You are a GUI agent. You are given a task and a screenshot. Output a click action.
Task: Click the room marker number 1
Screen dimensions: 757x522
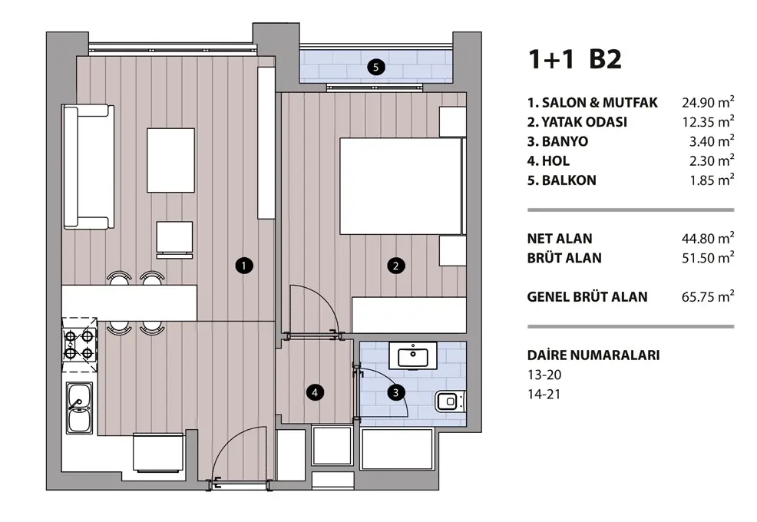tap(244, 265)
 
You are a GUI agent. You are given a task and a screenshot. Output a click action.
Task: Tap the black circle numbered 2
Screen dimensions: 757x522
tap(396, 265)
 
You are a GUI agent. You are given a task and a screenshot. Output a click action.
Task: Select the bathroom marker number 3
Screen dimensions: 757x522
tap(396, 392)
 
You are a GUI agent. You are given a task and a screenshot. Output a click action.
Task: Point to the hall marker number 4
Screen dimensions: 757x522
tap(315, 392)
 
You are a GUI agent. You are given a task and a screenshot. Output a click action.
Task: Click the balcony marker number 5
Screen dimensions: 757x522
tap(375, 67)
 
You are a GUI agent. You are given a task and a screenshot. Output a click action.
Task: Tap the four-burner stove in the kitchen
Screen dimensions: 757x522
tap(79, 345)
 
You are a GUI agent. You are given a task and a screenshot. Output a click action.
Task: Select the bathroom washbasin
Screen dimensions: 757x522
tap(413, 357)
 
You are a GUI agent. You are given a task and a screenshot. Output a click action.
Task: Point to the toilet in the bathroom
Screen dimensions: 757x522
tap(451, 401)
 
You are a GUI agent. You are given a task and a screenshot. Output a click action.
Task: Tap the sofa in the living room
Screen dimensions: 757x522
tap(88, 167)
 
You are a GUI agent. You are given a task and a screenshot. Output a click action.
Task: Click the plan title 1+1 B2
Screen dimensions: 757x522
tap(575, 59)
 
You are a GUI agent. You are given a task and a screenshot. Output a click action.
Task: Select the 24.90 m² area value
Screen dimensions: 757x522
tap(708, 102)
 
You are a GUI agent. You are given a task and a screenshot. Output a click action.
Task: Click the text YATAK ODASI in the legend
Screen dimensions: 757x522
tap(583, 122)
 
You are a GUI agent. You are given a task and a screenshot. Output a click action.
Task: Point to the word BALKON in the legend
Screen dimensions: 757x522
tap(569, 180)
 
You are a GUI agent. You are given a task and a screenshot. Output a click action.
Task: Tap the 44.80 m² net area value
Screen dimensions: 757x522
tap(708, 238)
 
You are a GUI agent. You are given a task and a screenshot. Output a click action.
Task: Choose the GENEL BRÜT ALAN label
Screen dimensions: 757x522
tap(587, 296)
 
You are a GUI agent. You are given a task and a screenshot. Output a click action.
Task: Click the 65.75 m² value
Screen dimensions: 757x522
tap(708, 296)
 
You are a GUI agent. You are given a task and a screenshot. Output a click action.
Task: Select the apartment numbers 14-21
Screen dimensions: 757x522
tap(544, 394)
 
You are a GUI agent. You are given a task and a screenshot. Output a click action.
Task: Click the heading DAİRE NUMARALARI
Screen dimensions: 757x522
tap(593, 355)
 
